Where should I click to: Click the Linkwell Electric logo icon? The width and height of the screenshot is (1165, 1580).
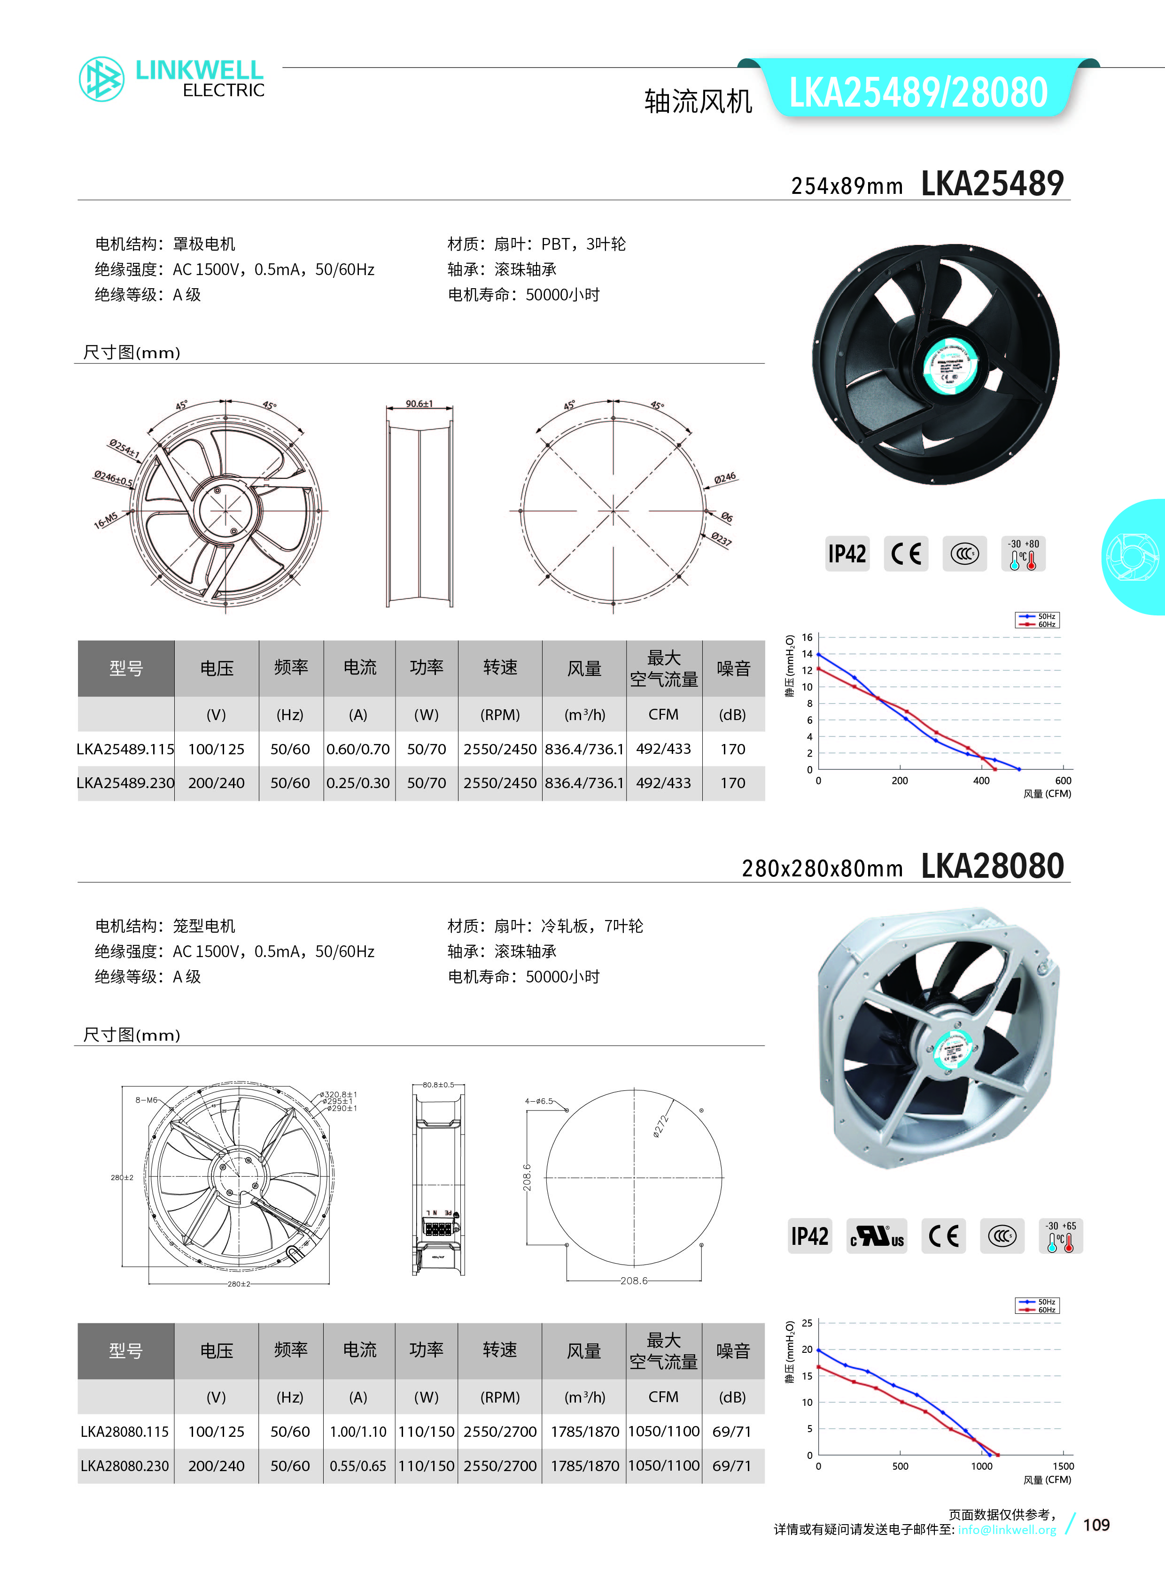[x=101, y=79]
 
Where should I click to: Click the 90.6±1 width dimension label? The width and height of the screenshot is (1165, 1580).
[x=419, y=404]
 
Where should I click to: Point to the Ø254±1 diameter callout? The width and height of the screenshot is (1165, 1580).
[x=124, y=448]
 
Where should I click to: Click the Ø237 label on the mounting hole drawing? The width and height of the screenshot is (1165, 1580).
[x=721, y=539]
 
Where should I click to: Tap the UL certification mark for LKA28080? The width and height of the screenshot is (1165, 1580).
[x=877, y=1236]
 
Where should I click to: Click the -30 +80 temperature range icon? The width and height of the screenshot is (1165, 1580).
[x=1023, y=554]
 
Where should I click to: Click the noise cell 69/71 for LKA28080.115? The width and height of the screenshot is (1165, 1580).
[x=732, y=1431]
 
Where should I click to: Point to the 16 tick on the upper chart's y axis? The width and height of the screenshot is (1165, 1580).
[x=807, y=637]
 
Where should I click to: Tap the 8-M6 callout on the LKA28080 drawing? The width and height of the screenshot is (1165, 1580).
[x=146, y=1099]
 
